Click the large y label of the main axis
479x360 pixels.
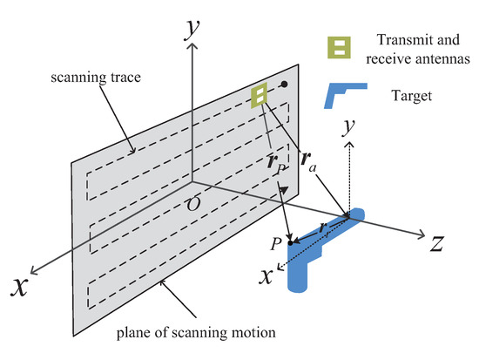[x=186, y=31]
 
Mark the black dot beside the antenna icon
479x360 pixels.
[x=284, y=85]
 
